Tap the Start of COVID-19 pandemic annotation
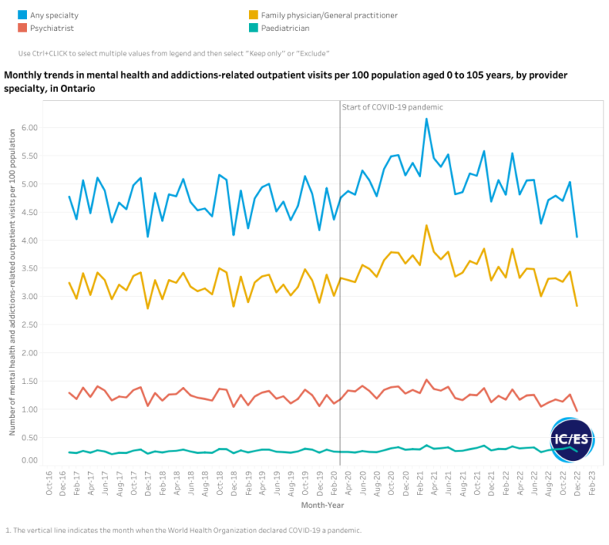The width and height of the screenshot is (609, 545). (393, 107)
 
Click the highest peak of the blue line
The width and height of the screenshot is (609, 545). (427, 119)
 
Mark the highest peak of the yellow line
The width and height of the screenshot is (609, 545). (427, 225)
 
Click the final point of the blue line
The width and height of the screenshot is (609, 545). (576, 236)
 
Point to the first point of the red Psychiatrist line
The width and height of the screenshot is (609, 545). (70, 393)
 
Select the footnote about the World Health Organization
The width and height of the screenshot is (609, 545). (182, 530)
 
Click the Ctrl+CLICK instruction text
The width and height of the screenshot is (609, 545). (174, 53)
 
